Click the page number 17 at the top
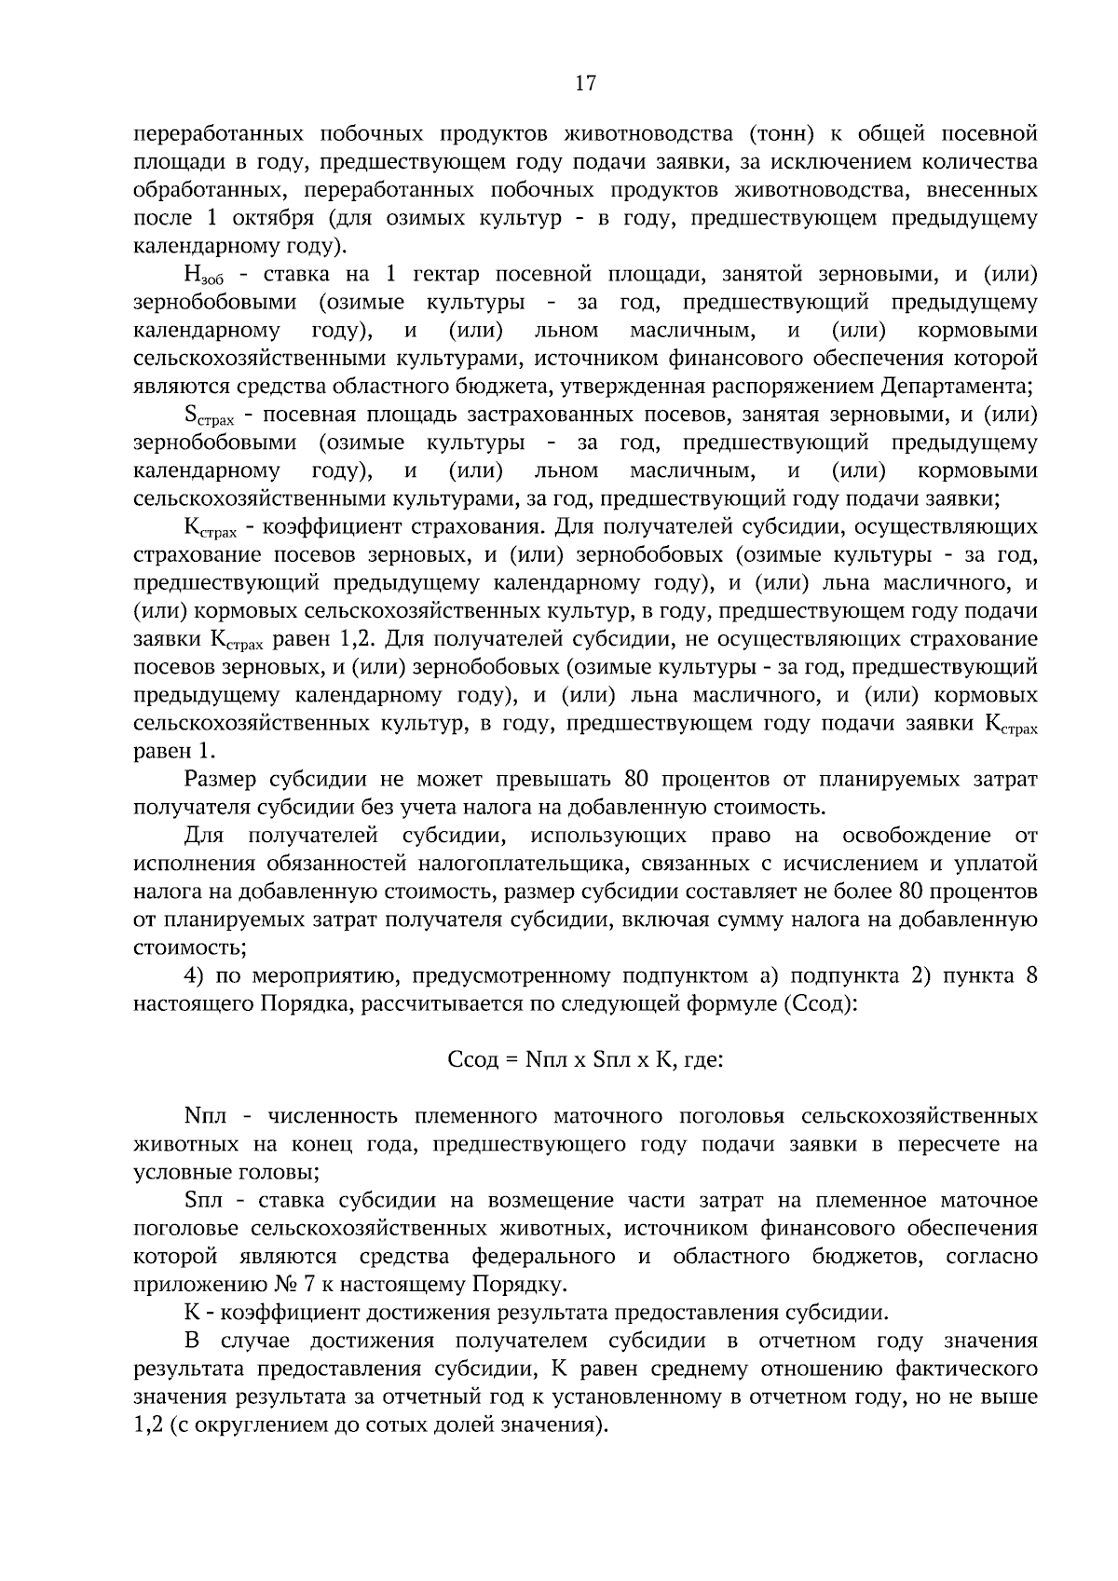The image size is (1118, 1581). (584, 83)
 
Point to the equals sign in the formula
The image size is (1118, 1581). (513, 1059)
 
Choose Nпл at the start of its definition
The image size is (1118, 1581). (204, 1115)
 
